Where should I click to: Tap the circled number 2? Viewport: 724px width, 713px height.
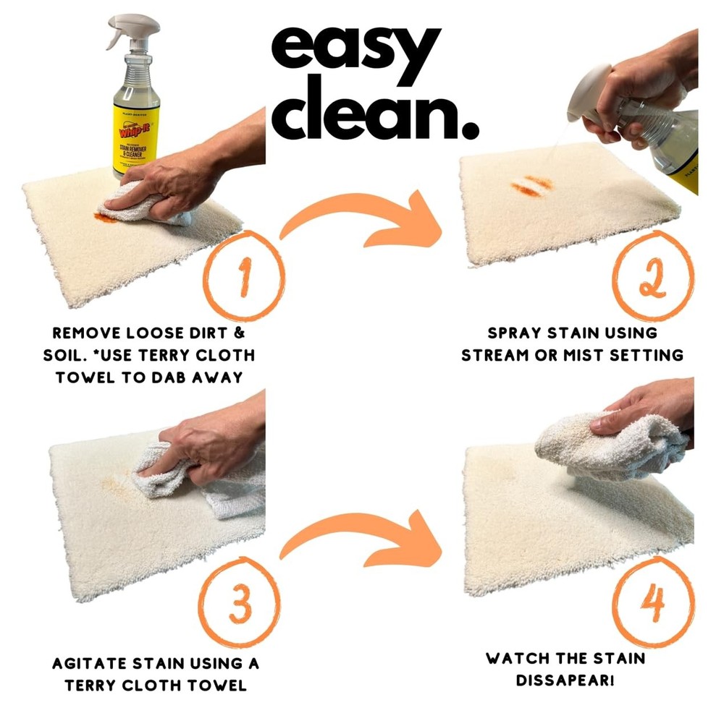pos(653,278)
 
